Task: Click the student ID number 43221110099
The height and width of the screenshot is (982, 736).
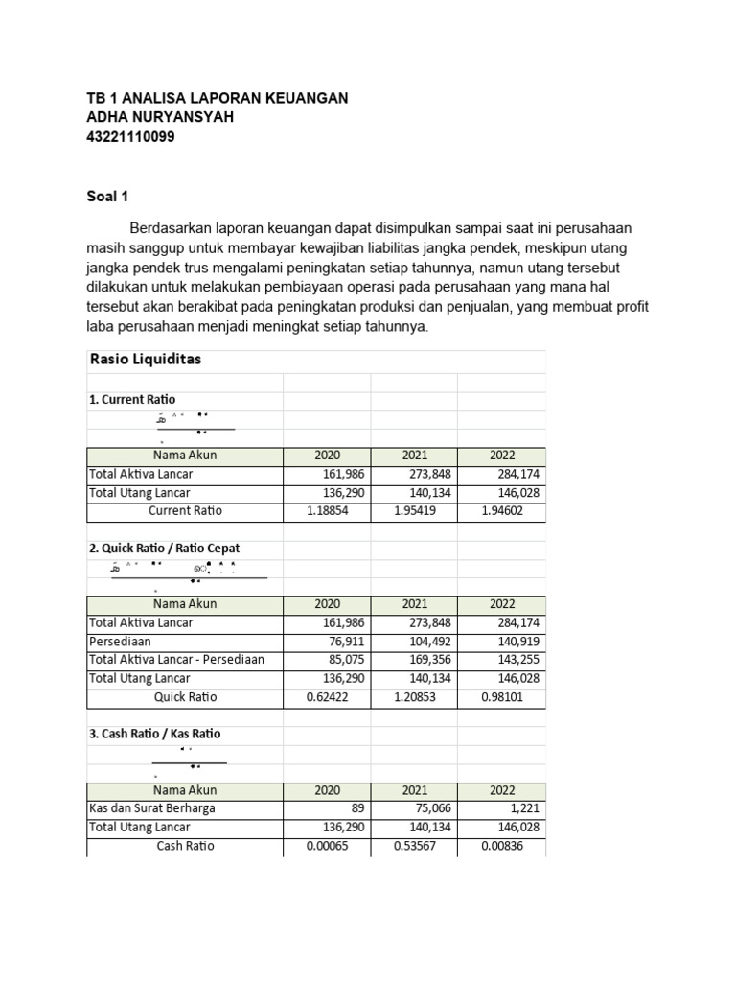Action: coord(130,137)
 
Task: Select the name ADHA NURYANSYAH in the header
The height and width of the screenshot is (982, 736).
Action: coord(160,117)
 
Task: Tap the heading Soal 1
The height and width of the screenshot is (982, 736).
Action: coord(106,197)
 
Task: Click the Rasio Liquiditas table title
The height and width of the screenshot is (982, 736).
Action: coord(145,360)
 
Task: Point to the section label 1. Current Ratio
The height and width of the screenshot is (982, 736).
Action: coord(132,399)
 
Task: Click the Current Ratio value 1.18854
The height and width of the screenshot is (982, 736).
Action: coord(327,511)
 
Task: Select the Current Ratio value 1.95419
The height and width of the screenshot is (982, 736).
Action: coord(415,511)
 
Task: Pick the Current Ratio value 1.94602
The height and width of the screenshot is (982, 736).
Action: coord(502,511)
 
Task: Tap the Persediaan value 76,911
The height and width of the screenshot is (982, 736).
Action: coord(347,641)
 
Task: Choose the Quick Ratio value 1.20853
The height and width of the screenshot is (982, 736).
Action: coord(415,697)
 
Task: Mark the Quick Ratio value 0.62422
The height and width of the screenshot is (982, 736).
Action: coord(327,697)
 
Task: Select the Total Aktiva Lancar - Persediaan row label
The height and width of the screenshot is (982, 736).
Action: coord(176,660)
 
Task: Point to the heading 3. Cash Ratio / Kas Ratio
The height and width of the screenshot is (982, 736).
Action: coord(155,734)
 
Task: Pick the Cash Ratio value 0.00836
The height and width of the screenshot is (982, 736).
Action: coord(502,846)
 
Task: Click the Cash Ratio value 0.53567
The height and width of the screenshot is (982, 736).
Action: coord(415,846)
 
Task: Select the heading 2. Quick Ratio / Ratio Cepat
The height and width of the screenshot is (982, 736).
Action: coord(164,549)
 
